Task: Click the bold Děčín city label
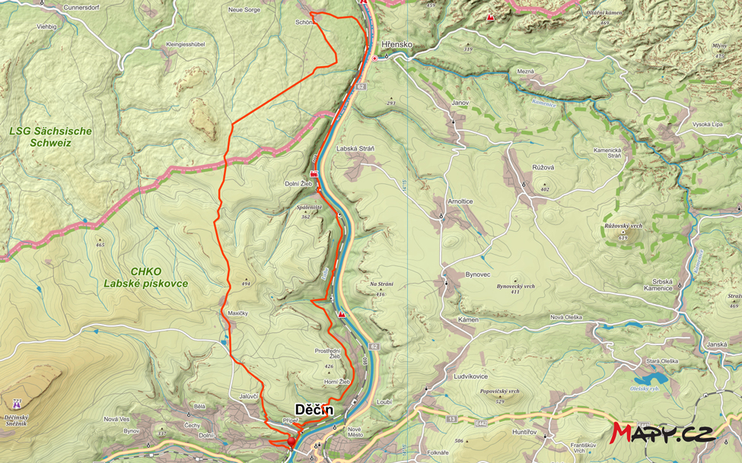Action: pyautogui.click(x=314, y=411)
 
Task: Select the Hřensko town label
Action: pyautogui.click(x=397, y=45)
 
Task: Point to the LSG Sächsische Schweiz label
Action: pyautogui.click(x=50, y=137)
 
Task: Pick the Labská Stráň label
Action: pyautogui.click(x=355, y=148)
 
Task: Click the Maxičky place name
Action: pyautogui.click(x=237, y=313)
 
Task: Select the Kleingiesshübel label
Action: pyautogui.click(x=186, y=44)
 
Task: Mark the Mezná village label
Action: pyautogui.click(x=525, y=71)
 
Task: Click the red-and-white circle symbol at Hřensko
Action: pyautogui.click(x=374, y=58)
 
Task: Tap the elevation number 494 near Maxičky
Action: pyautogui.click(x=246, y=284)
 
